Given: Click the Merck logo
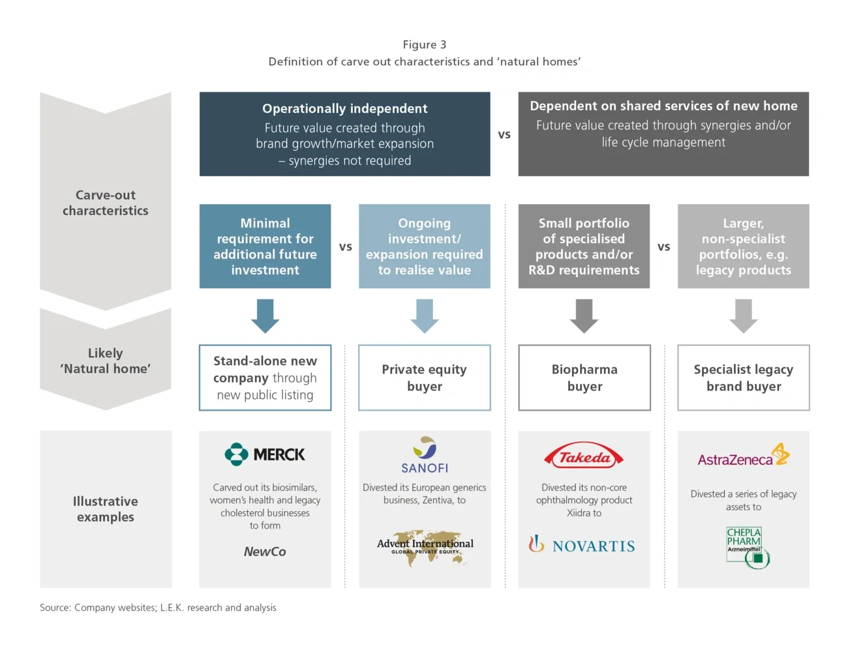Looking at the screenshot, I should (265, 454).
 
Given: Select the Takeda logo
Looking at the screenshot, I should (584, 456).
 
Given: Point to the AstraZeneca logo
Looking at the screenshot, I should (743, 456).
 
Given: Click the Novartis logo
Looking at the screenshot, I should (582, 545).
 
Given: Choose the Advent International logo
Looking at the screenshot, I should (425, 546).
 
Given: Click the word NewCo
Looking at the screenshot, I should (265, 552).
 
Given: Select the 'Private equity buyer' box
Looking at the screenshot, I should (425, 378).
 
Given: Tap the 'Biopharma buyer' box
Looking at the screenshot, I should (584, 378).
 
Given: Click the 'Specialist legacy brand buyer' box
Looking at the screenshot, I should (744, 378).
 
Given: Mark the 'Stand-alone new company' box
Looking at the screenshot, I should (265, 378).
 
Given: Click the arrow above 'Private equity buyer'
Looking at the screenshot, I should (425, 316).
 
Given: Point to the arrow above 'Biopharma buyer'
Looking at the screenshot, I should (584, 316).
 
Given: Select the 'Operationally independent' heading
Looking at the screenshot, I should (344, 109).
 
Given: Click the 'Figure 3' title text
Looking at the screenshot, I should (425, 44).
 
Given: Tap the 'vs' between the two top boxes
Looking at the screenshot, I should (504, 135).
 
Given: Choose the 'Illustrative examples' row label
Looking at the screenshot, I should (106, 509).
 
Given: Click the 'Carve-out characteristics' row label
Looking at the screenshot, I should (106, 203).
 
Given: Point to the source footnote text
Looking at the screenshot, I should (158, 608).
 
